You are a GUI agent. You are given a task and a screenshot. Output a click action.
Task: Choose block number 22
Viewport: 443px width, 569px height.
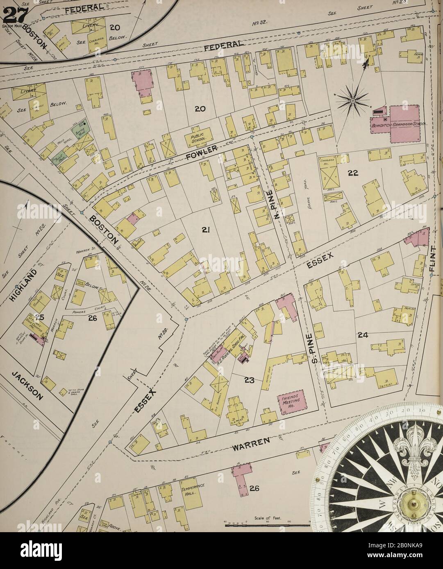353,173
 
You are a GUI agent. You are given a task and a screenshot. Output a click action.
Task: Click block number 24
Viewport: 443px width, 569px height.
362,335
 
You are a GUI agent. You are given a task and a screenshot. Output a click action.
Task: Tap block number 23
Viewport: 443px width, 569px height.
249,380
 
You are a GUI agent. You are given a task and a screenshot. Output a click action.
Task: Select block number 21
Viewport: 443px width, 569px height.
205,230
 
